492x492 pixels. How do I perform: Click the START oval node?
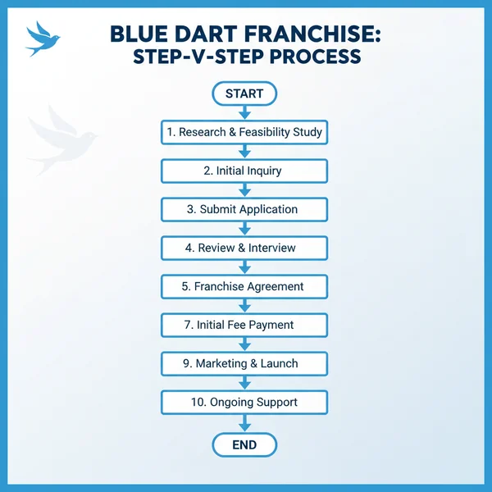point(244,93)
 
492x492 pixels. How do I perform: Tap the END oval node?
point(244,445)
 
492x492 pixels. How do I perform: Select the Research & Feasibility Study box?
point(244,132)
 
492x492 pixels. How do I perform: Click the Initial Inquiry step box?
point(244,171)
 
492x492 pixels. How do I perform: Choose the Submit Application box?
point(244,209)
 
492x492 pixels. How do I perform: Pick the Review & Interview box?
point(244,248)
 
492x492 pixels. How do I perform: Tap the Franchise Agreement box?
point(244,286)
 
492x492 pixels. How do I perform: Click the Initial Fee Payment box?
point(244,325)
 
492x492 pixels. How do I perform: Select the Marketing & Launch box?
point(244,363)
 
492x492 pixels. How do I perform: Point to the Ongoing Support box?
point(244,402)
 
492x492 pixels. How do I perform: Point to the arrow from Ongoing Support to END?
point(244,423)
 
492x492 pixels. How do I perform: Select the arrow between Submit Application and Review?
point(244,229)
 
